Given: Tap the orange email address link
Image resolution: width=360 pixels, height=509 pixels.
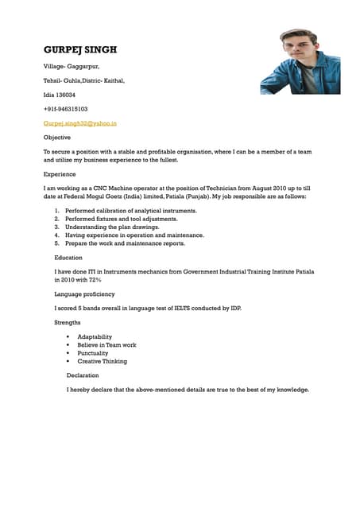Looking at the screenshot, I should click(80, 123).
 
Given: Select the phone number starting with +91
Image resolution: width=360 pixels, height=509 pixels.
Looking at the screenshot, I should click(65, 108).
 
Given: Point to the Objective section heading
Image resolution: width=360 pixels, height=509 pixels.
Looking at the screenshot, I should click(56, 137).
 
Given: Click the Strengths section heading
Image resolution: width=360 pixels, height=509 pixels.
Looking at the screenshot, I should click(68, 322).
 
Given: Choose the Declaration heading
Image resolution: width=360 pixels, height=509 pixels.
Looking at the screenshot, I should click(83, 375).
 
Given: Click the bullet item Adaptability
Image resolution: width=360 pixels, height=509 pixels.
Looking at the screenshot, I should click(95, 336).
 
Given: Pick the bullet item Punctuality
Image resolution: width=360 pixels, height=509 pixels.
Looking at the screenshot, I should click(93, 353).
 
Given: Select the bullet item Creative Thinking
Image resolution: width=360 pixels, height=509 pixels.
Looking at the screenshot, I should click(102, 361).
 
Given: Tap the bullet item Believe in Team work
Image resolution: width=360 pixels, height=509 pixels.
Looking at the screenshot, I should click(106, 344).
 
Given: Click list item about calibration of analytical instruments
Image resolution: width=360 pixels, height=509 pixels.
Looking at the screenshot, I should click(131, 210).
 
